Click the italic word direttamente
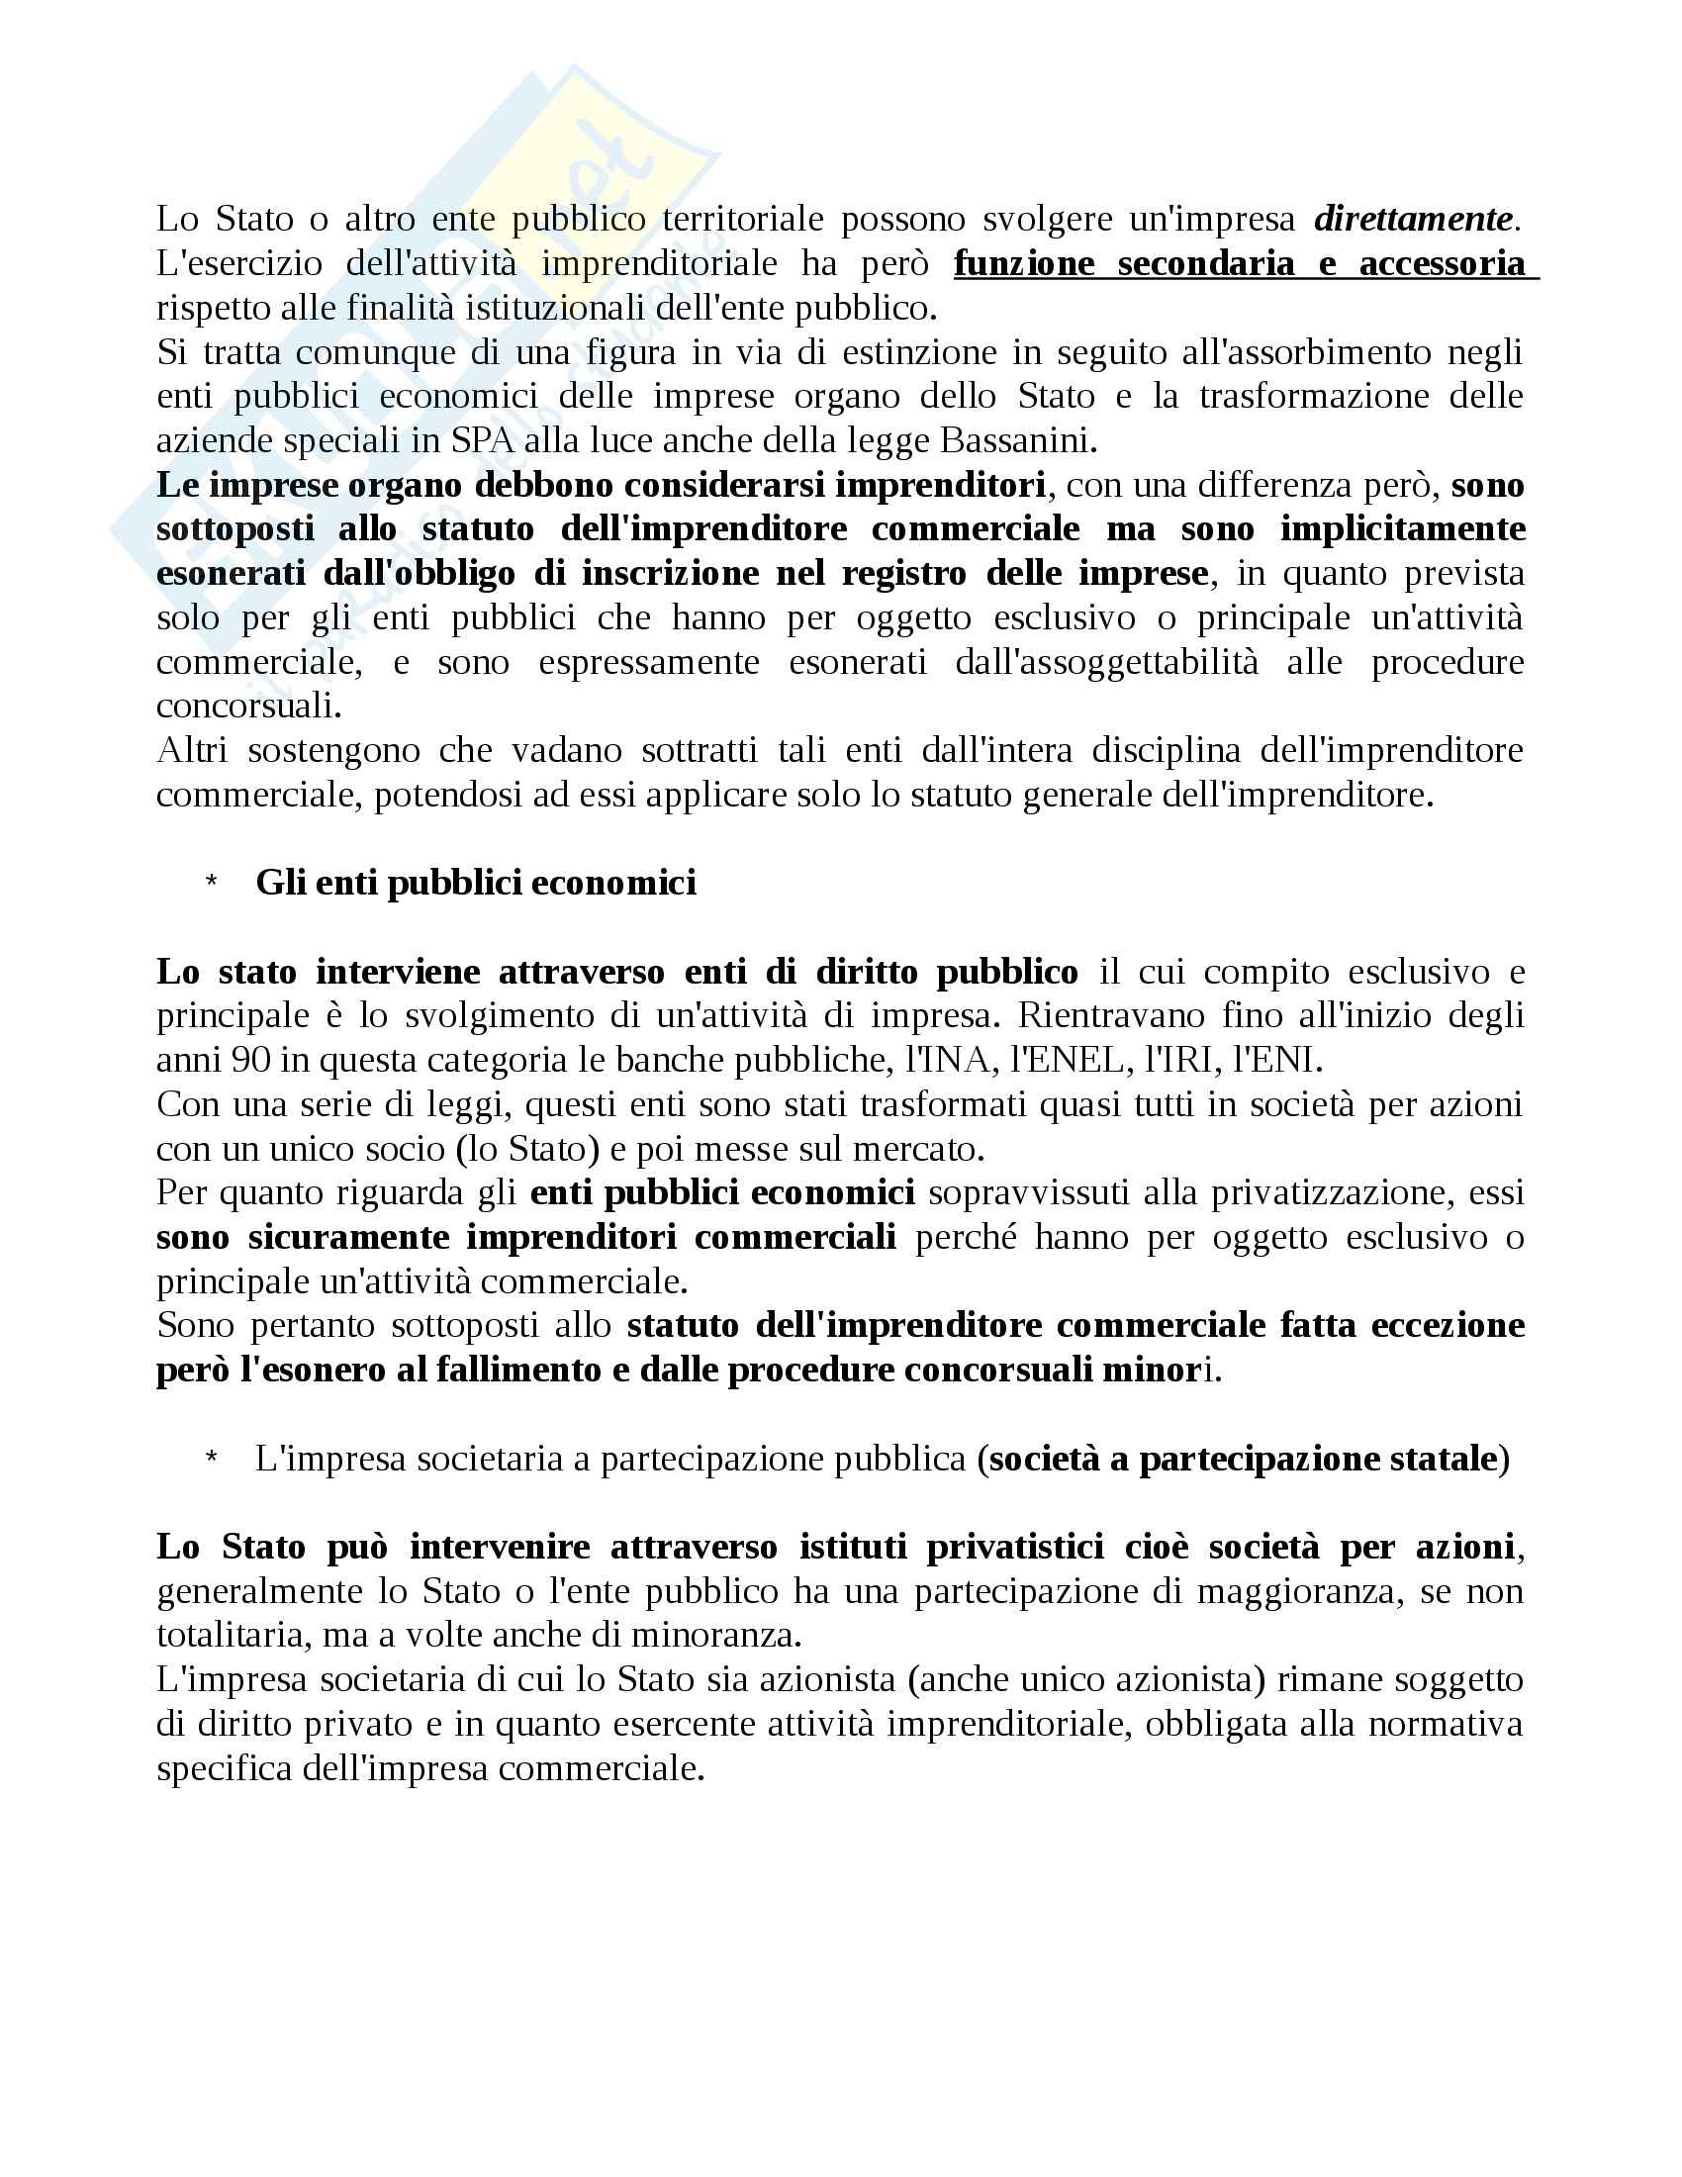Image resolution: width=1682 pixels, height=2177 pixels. tap(1415, 220)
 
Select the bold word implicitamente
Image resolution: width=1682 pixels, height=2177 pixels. tap(1402, 528)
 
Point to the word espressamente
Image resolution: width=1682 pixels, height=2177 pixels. tap(649, 662)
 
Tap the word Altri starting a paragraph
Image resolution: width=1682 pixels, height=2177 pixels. tap(191, 751)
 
